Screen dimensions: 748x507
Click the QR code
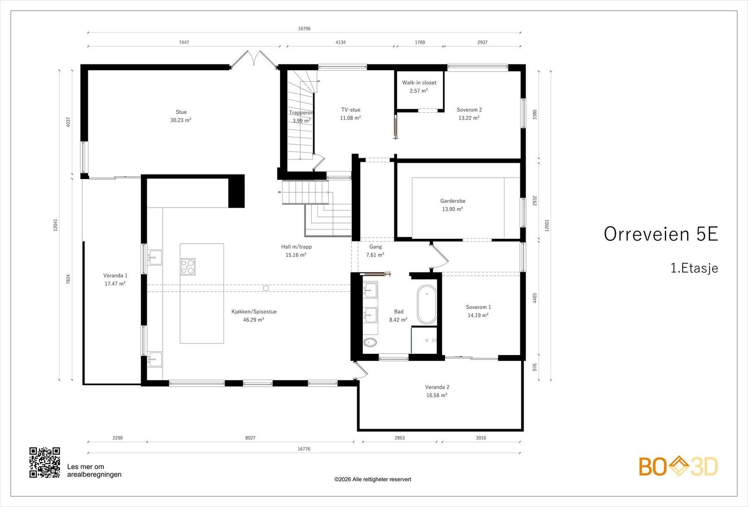(45, 462)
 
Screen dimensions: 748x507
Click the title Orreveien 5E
(661, 234)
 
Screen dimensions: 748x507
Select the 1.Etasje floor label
(694, 268)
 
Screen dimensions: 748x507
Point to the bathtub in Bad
(426, 304)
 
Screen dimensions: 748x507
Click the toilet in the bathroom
(370, 342)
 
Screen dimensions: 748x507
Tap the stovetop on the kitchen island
(187, 267)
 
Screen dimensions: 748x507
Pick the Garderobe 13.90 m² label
(453, 205)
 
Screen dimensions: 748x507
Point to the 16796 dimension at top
(304, 29)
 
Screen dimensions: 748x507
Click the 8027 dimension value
(250, 438)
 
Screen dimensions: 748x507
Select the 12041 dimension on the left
(56, 225)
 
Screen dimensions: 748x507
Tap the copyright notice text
(373, 479)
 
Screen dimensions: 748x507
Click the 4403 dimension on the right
(535, 298)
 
